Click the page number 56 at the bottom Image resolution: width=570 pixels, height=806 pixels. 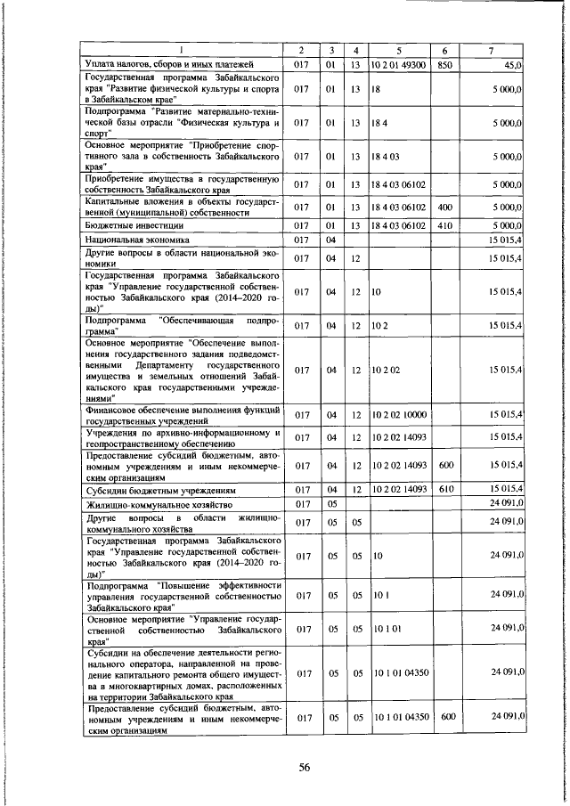[x=304, y=769]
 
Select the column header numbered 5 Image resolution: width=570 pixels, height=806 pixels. [x=397, y=50]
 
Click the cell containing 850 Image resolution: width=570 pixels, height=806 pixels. [x=444, y=64]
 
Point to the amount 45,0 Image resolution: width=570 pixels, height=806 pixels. [x=512, y=64]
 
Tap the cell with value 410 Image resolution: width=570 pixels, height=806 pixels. [x=444, y=225]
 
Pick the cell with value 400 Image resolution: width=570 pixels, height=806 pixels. [x=444, y=208]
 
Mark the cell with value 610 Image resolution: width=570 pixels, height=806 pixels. [x=444, y=490]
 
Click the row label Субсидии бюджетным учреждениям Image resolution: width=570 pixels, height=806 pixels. [x=159, y=490]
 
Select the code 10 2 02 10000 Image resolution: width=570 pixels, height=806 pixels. [x=399, y=414]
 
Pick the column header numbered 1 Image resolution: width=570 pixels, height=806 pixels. [x=182, y=50]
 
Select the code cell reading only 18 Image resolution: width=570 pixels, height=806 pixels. [x=378, y=90]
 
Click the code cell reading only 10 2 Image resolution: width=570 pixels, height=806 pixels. [x=381, y=325]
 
